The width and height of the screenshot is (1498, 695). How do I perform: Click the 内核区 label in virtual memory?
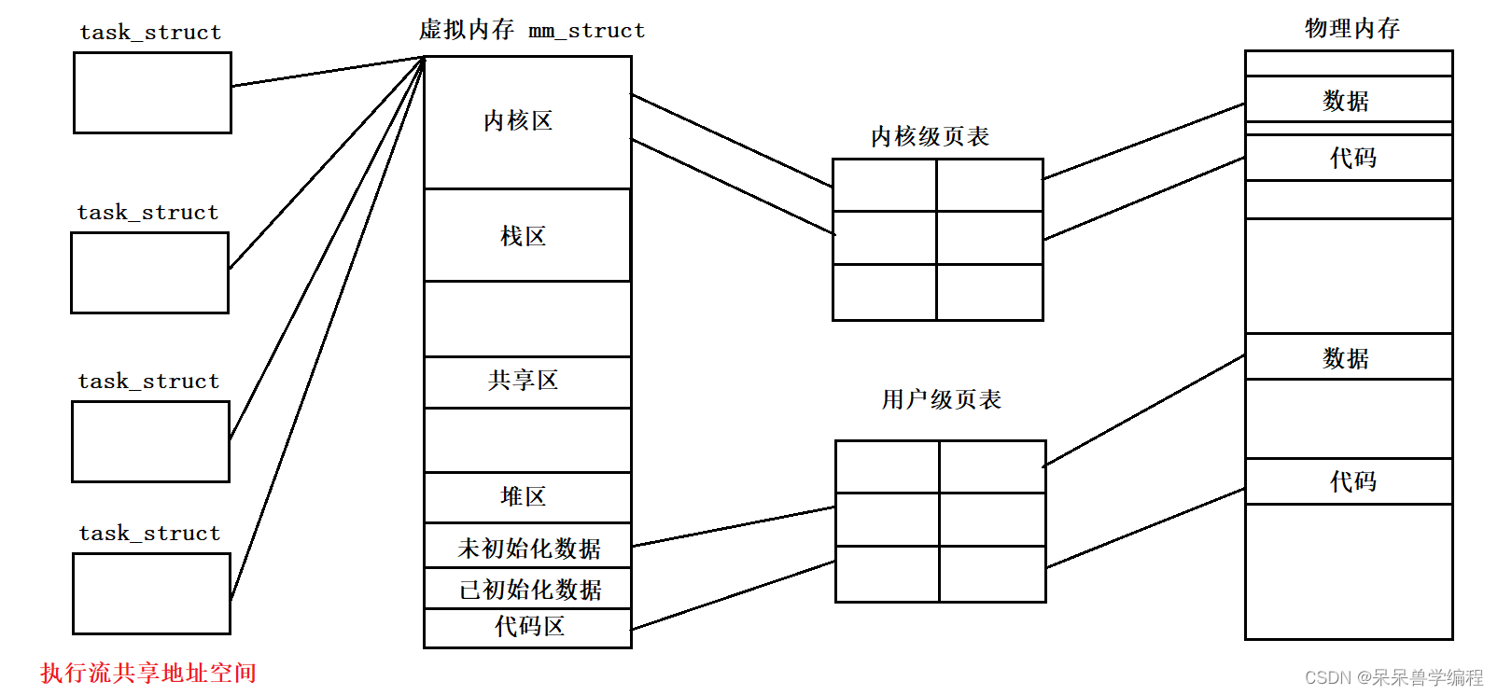point(518,121)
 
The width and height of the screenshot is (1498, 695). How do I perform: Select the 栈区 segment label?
point(523,236)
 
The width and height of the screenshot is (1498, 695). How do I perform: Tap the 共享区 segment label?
point(523,381)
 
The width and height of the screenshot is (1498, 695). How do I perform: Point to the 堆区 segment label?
point(523,496)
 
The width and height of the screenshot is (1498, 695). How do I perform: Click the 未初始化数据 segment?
point(528,549)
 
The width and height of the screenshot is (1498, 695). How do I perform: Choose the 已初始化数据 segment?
point(529,590)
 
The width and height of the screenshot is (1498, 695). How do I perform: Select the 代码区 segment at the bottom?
point(529,627)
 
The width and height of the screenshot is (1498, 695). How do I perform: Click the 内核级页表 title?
point(930,137)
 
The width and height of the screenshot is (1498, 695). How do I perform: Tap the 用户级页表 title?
point(941,400)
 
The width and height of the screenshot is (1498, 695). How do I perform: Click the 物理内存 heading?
point(1351,29)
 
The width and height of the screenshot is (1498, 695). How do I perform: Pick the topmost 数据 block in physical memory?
point(1346,101)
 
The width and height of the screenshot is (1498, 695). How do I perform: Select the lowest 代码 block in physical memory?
point(1352,481)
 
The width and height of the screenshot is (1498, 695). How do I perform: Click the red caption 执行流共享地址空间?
point(148,673)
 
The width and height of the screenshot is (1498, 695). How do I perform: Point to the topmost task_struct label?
point(150,33)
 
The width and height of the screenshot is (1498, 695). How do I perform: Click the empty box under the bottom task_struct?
point(151,593)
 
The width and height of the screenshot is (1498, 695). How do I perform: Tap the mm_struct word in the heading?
point(586,31)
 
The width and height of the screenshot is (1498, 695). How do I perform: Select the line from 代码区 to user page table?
point(733,595)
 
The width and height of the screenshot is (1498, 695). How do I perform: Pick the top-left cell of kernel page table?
point(884,185)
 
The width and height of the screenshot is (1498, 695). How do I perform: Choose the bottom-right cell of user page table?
point(992,574)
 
